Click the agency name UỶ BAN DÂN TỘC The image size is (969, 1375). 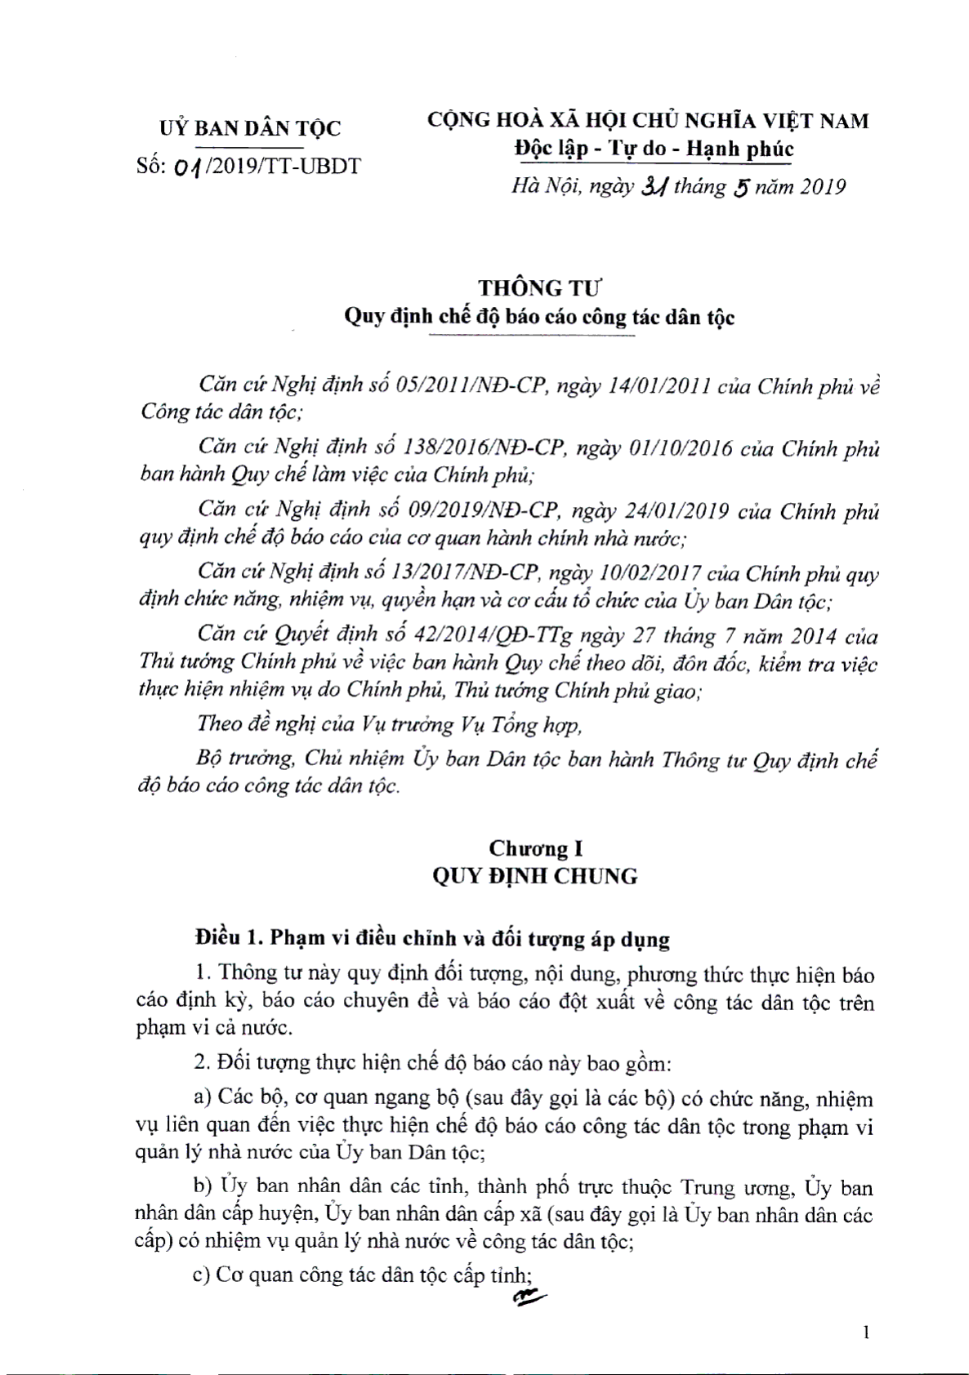tap(248, 127)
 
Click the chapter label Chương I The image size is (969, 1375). tap(535, 849)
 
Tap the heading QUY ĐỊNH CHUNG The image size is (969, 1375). tap(535, 876)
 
